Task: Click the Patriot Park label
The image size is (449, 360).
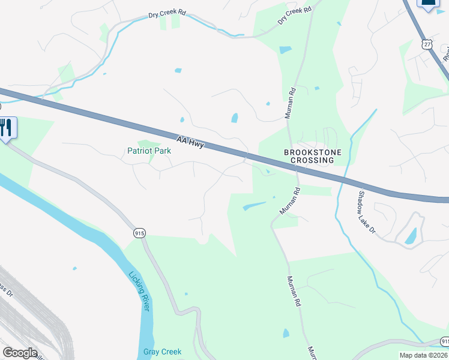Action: [149, 151]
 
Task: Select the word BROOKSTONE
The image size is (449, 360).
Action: [312, 152]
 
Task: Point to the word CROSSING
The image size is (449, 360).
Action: [312, 160]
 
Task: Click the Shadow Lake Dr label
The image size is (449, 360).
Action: [366, 212]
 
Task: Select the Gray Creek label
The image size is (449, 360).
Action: [162, 352]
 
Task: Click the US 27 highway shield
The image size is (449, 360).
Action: [427, 44]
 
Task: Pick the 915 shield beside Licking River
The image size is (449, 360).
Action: [140, 233]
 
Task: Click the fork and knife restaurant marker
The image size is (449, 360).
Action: [7, 127]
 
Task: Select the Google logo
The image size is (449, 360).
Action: [20, 353]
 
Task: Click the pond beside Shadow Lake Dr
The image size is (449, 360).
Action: [412, 236]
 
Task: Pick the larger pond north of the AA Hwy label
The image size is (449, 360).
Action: [235, 118]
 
